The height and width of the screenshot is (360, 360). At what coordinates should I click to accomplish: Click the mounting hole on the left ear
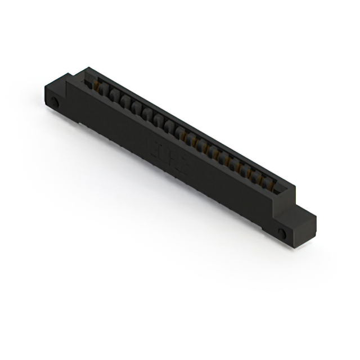(55, 102)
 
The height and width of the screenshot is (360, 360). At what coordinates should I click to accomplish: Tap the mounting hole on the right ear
(282, 233)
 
